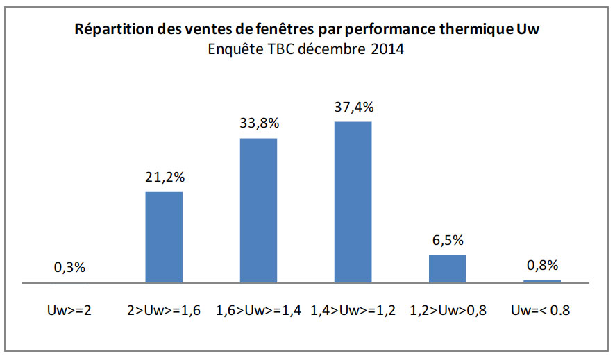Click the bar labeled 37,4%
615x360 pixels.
pos(353,202)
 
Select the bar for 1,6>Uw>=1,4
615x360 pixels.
pos(258,210)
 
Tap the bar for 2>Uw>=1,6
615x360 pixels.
pos(164,237)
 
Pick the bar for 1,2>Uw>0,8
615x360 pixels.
pos(448,269)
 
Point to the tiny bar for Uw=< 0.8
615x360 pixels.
pos(542,281)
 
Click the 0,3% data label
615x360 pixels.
pos(69,267)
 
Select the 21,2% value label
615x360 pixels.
pos(165,177)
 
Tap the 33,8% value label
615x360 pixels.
pos(259,123)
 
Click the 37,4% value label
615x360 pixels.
pos(354,107)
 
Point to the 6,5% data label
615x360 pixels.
pos(448,240)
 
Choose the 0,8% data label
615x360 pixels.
pos(542,265)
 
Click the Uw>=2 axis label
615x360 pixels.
pos(69,310)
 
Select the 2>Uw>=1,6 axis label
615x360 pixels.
pos(164,310)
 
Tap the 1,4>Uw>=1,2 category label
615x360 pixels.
pos(353,310)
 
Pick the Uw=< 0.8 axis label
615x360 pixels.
pos(541,310)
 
